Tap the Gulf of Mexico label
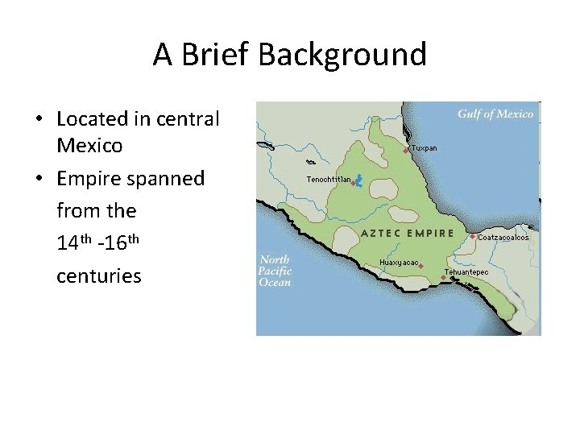click(495, 114)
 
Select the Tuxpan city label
click(424, 148)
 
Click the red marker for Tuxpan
click(406, 151)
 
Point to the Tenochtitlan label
click(328, 180)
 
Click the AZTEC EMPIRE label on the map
click(408, 233)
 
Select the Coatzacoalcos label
click(503, 238)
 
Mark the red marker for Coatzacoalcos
click(473, 237)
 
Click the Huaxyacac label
click(399, 263)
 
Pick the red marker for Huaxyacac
click(421, 265)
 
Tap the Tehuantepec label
click(466, 272)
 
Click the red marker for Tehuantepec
click(443, 278)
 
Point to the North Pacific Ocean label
click(275, 271)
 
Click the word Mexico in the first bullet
click(89, 146)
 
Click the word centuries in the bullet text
click(98, 275)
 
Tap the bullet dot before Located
click(38, 120)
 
